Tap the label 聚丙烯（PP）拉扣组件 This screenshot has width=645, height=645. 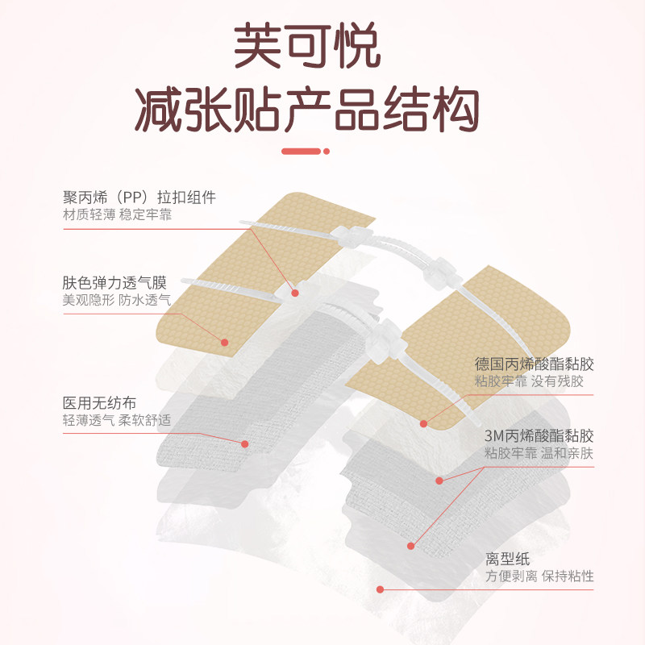(139, 198)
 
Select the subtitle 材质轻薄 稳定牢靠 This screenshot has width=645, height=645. (117, 215)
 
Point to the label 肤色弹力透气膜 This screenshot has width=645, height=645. (114, 282)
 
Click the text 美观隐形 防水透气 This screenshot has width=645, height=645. (117, 300)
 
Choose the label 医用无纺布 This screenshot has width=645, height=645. (98, 403)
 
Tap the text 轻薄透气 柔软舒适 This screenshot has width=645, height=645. (117, 421)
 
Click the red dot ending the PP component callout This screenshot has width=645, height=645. (295, 293)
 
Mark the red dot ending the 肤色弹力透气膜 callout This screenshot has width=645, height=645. (224, 343)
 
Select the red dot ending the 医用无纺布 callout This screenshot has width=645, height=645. (245, 443)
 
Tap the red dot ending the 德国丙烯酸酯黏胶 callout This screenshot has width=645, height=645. (423, 422)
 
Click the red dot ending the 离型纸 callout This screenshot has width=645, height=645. (380, 589)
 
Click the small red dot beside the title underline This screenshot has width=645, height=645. (327, 151)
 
